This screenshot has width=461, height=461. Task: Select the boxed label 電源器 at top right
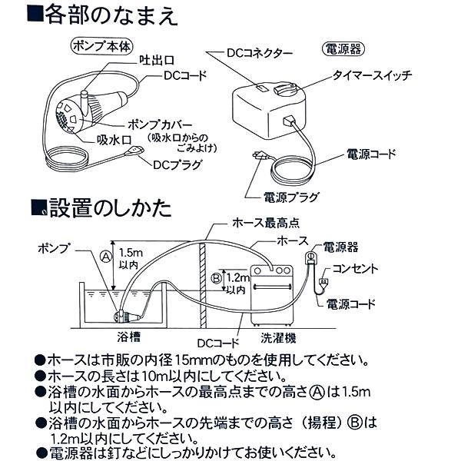pos(335,51)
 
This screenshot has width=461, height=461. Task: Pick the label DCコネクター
pos(259,54)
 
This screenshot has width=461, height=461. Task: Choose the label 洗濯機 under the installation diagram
pos(270,337)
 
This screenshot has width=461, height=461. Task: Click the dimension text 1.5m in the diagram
pos(131,252)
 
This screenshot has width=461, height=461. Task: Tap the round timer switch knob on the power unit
pos(290,91)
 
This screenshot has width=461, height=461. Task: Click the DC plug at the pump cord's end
pos(137,151)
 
